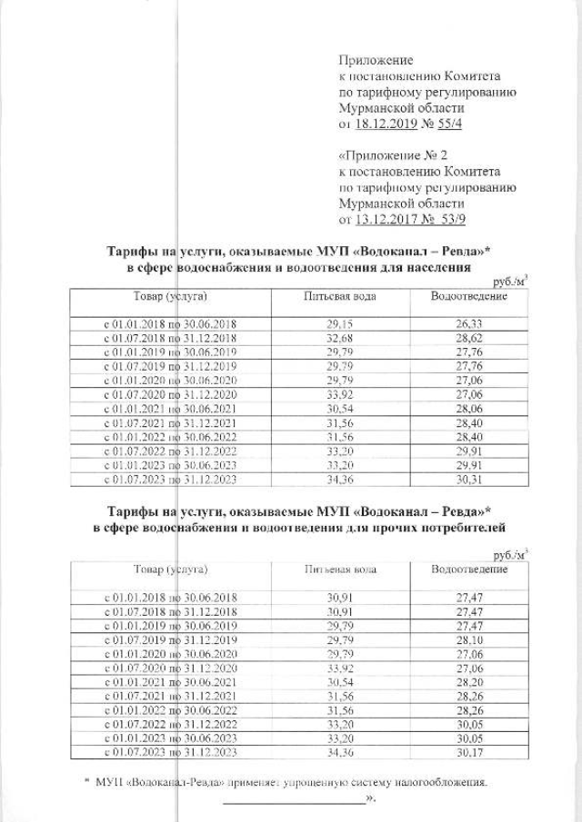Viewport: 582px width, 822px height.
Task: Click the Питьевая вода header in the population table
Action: click(x=339, y=297)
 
